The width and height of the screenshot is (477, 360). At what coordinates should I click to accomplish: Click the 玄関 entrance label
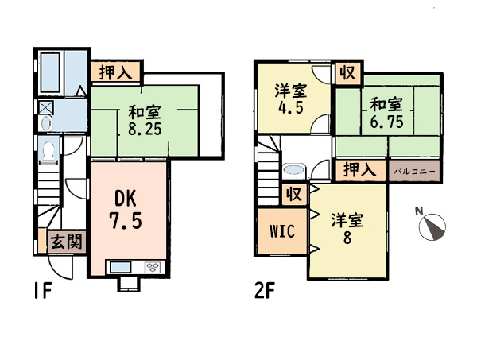coord(67,242)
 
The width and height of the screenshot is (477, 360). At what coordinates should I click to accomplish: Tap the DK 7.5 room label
coord(126,210)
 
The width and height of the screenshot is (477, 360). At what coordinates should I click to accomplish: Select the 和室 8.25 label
coord(145,121)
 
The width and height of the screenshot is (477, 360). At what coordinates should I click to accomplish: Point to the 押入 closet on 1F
coord(116,72)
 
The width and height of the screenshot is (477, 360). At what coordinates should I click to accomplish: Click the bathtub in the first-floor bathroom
coord(50,72)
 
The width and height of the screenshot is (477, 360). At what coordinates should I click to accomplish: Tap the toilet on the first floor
coord(48,151)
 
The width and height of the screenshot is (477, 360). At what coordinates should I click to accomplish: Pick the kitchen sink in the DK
coord(121,268)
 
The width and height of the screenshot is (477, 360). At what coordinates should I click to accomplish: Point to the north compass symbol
coord(432,226)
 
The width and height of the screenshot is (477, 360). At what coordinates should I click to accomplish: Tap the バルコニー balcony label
coord(415,171)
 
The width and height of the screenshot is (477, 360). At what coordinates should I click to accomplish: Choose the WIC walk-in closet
coord(282,231)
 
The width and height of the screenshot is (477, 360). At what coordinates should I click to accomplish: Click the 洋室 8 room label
coord(347,228)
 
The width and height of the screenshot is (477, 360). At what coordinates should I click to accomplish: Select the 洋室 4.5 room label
coord(291,98)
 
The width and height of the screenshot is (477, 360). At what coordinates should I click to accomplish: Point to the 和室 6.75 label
coord(386,113)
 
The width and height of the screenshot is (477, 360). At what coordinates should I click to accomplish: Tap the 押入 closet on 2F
coord(360,169)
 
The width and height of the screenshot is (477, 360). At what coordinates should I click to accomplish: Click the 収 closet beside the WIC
coord(294,194)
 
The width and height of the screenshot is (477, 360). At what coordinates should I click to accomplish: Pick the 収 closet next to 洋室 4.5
coord(347,73)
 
